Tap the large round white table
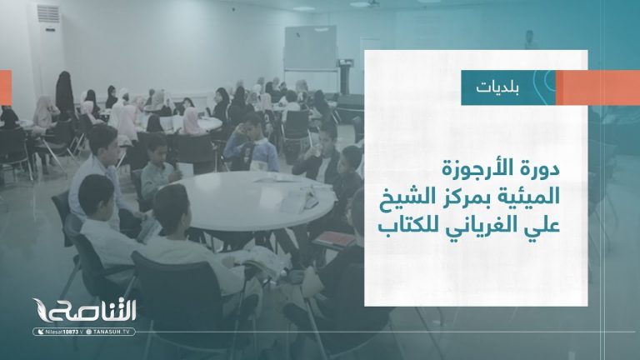pos(255,200)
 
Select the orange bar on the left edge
pos(5,87)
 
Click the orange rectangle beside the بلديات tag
pos(596,87)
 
